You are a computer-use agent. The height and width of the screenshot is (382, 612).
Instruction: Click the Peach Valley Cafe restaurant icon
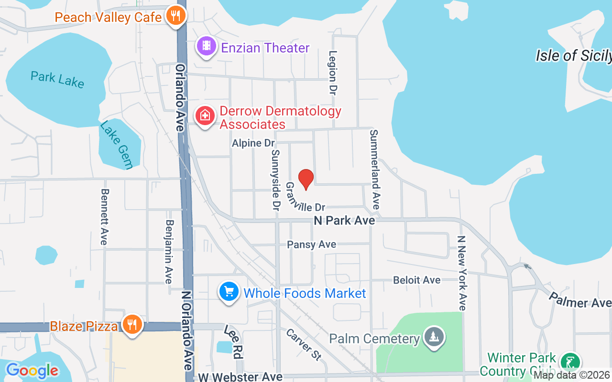[176, 16]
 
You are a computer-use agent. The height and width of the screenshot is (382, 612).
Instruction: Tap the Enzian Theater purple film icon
[206, 46]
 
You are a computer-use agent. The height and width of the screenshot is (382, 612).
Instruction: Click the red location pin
[306, 180]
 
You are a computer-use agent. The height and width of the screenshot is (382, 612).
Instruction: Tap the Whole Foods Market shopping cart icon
[229, 291]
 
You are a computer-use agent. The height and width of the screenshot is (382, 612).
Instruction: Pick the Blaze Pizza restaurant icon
[131, 324]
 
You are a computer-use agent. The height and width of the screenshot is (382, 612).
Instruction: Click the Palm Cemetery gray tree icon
[434, 336]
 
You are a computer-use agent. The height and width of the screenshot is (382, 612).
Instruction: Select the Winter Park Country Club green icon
[570, 362]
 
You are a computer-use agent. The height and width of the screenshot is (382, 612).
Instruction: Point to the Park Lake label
[57, 79]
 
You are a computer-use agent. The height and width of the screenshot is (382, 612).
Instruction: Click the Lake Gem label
[116, 145]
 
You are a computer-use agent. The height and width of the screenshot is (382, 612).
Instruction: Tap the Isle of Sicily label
[573, 55]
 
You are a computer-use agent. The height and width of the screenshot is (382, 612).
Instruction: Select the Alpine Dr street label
[253, 143]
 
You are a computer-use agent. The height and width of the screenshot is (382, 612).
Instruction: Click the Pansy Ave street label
[311, 244]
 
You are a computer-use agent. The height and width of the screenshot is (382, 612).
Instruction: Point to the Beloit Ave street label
[417, 280]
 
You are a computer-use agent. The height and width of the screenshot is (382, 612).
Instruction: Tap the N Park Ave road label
[344, 221]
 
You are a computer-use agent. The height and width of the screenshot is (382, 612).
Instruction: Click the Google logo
[32, 371]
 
